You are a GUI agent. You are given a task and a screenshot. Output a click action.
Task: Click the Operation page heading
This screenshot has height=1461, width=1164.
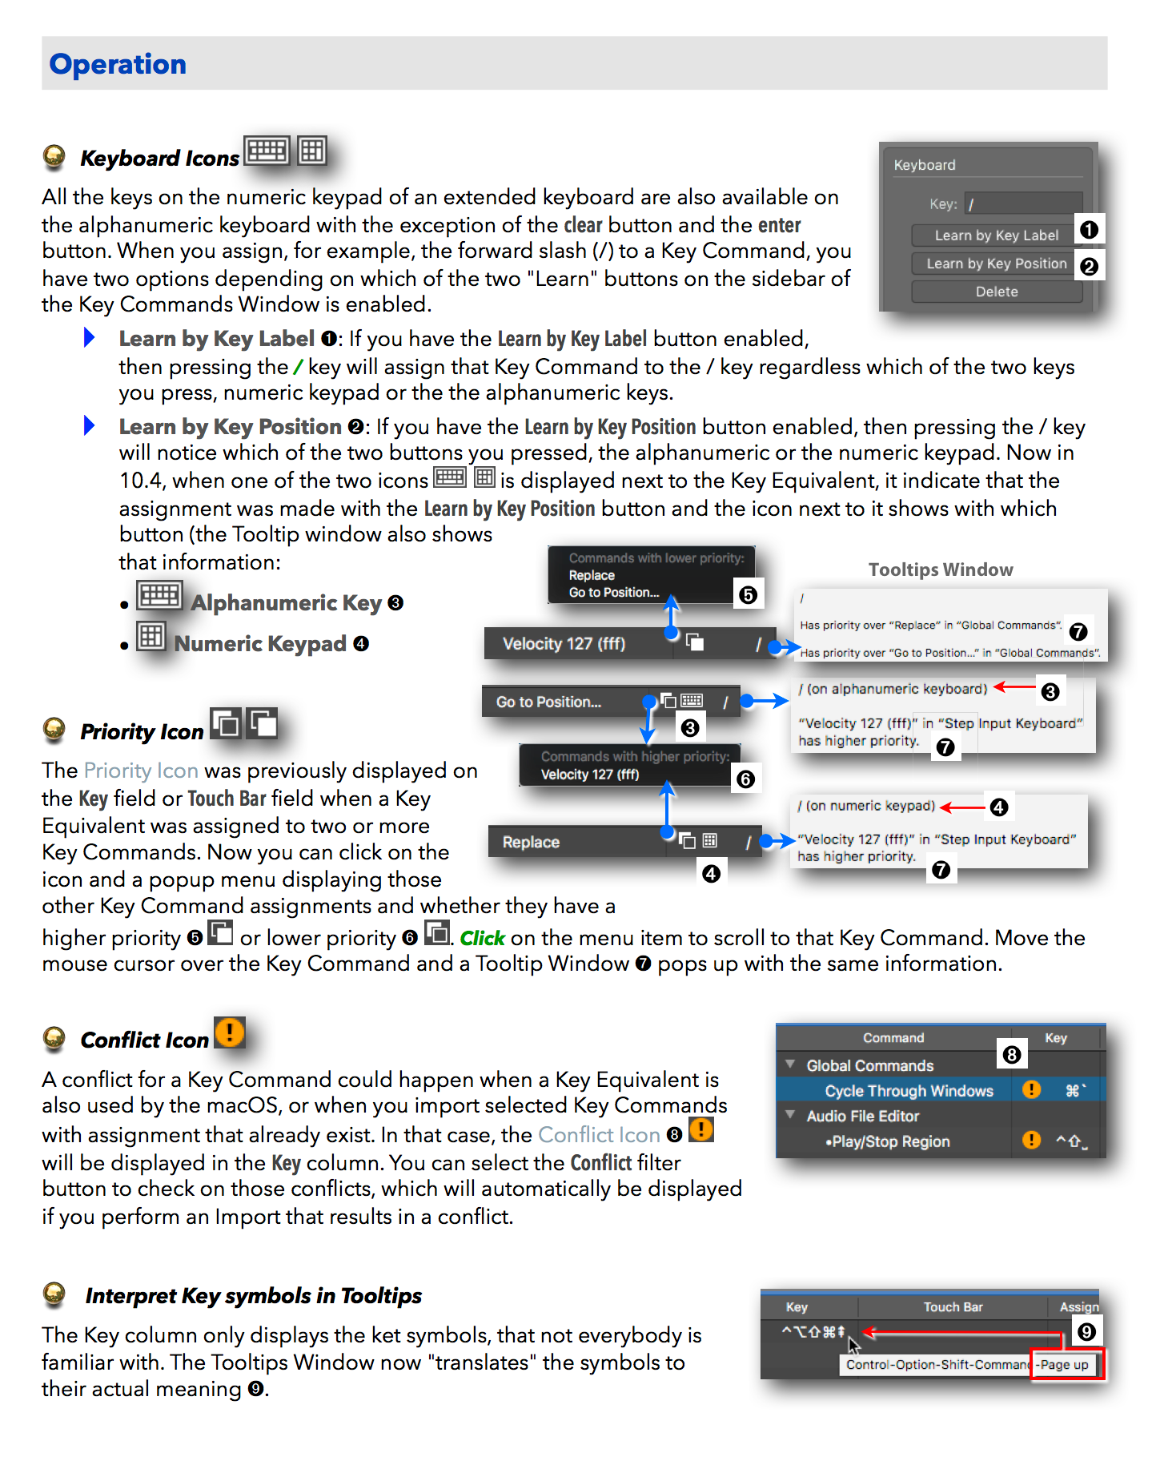118,64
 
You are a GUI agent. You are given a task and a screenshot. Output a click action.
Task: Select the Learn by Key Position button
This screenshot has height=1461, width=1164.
996,264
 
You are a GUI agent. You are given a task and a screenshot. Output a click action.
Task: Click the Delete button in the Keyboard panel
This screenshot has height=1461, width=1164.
996,292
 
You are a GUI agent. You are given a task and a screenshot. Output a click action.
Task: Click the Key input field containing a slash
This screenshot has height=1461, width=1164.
1022,203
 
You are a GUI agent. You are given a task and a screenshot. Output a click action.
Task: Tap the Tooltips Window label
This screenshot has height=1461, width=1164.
941,570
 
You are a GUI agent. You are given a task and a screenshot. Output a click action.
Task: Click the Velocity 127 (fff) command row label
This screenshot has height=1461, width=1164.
564,643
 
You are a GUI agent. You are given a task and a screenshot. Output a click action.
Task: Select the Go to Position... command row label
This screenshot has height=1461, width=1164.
548,702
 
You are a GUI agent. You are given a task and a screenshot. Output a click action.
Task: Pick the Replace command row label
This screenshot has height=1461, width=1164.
531,842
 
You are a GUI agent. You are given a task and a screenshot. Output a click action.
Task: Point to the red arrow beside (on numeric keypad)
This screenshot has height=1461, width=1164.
962,807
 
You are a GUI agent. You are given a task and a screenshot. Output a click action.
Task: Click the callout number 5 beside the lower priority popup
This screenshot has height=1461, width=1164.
748,595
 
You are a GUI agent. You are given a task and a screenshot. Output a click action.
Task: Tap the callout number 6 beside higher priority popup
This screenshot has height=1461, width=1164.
745,779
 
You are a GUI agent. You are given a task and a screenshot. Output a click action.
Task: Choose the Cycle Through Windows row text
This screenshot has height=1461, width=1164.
909,1091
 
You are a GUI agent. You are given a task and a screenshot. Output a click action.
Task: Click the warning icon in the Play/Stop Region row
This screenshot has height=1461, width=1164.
1031,1141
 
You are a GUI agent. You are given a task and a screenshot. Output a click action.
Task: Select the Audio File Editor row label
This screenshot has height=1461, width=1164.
862,1116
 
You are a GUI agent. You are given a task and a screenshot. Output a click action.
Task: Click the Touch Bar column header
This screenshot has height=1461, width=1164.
953,1307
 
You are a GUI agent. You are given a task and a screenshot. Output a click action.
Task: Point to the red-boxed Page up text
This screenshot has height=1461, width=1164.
1064,1365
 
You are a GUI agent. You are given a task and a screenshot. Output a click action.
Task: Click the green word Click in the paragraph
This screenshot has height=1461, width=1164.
482,938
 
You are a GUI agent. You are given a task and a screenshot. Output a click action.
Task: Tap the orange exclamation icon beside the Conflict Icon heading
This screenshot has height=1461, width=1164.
230,1032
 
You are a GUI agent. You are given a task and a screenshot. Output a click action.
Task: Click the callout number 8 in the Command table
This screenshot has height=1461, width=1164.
1011,1055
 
